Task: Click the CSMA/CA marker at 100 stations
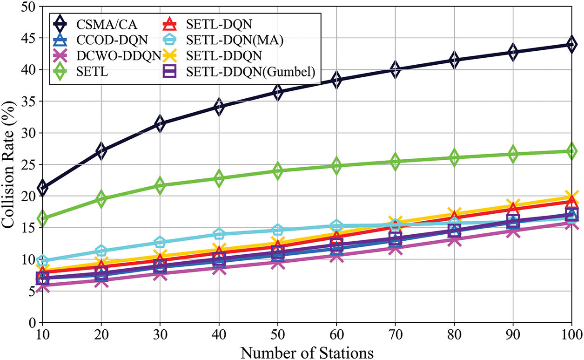point(571,45)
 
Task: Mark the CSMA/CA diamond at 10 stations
point(43,188)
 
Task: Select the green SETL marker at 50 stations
point(278,170)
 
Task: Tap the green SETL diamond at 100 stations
point(571,151)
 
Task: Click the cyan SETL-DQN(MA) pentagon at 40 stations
point(219,234)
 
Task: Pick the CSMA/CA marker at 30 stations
point(161,123)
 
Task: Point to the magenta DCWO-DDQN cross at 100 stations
point(571,223)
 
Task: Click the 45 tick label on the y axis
point(28,38)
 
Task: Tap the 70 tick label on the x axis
point(396,334)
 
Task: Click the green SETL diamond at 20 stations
point(101,199)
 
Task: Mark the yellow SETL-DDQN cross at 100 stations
point(571,197)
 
